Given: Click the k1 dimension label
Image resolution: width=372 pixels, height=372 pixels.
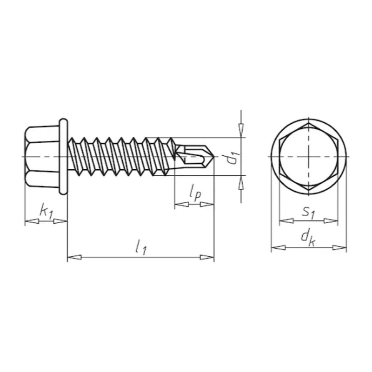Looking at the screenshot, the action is pyautogui.click(x=46, y=211).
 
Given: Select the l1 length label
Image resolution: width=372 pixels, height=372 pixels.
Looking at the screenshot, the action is pyautogui.click(x=141, y=247).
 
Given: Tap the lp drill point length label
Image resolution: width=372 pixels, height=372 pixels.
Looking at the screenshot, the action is pyautogui.click(x=195, y=194).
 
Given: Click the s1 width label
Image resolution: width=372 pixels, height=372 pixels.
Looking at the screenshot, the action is pyautogui.click(x=308, y=213).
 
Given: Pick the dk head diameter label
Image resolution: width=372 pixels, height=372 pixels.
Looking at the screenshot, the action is pyautogui.click(x=308, y=238).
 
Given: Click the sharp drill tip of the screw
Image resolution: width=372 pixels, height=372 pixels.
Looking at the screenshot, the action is pyautogui.click(x=214, y=157).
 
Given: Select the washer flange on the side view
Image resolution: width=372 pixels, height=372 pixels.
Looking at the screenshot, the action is pyautogui.click(x=63, y=157).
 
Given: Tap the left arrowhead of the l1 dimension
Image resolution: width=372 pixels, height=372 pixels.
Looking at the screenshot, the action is pyautogui.click(x=74, y=257).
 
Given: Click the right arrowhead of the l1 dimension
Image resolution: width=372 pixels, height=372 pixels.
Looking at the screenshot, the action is pyautogui.click(x=207, y=257).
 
